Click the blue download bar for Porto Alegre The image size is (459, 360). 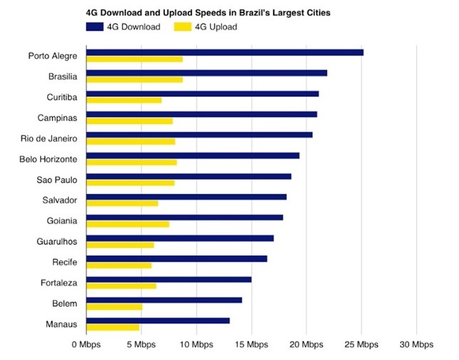coord(225,53)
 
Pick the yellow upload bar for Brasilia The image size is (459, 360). coord(135,80)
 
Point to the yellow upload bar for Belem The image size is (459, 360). coord(115,307)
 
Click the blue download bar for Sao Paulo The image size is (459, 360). coord(189,176)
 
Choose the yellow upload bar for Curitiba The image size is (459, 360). coord(124,100)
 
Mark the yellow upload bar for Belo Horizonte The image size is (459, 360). coord(131,162)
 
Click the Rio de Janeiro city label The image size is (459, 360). coord(48,138)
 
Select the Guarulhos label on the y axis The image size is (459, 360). coord(57,241)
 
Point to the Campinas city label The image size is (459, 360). coord(58,117)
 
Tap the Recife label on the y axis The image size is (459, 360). coord(65,262)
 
